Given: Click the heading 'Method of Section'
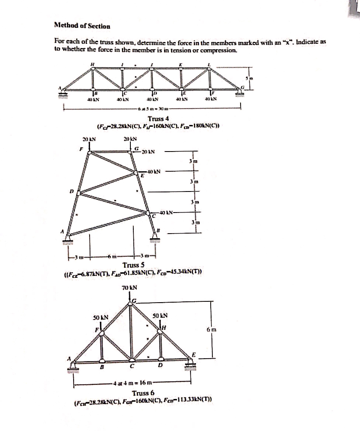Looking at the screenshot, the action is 82,26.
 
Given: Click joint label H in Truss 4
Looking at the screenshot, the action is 92,64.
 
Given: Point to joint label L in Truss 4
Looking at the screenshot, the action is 209,64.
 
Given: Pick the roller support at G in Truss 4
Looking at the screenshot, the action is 240,93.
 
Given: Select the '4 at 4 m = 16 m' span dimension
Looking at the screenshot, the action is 133,383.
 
